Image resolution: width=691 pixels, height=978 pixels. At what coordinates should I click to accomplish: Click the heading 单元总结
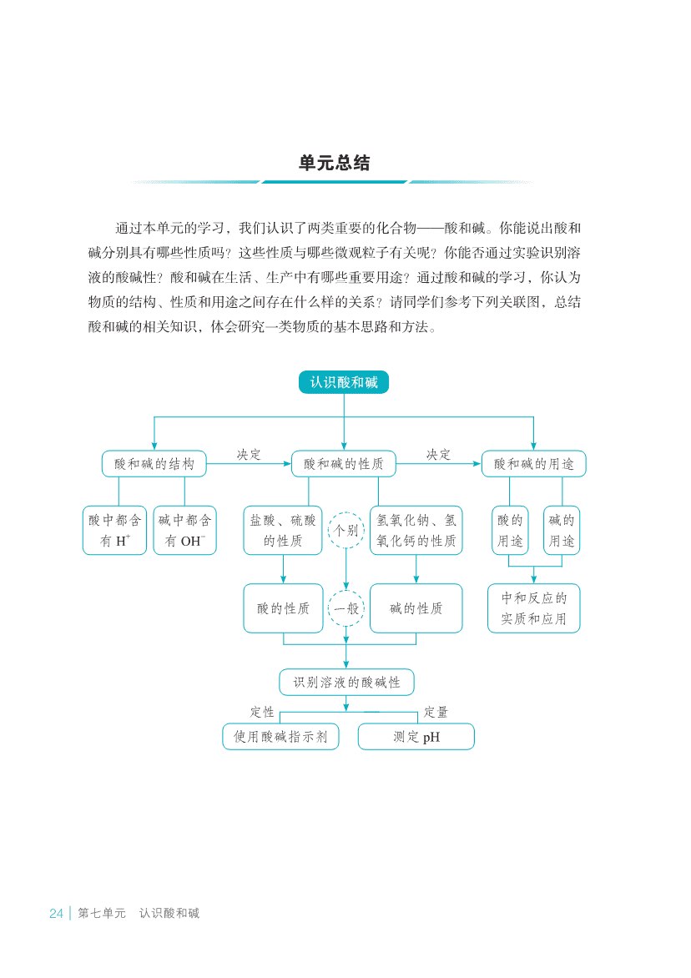tap(335, 163)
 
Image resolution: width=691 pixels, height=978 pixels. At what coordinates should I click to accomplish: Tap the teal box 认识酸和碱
tap(344, 382)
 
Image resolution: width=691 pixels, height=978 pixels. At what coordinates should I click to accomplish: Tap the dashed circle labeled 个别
tap(346, 512)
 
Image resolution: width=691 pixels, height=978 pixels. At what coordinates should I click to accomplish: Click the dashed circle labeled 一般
tap(346, 590)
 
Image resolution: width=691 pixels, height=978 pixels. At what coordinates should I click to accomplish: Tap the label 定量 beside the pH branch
tap(436, 713)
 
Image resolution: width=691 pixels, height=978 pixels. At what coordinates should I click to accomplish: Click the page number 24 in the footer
tap(56, 913)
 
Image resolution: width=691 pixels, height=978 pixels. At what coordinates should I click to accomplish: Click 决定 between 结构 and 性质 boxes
tap(249, 455)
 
